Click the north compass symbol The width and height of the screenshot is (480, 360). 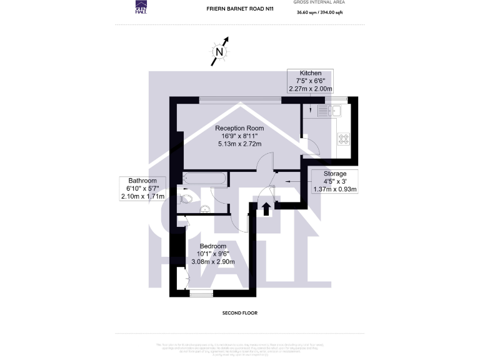219,52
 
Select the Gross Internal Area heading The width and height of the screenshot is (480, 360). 318,2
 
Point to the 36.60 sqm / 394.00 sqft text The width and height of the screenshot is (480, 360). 318,11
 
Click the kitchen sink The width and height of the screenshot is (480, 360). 329,111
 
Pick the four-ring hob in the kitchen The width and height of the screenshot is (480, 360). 344,139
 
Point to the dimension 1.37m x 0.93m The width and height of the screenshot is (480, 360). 335,189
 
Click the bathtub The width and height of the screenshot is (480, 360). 203,178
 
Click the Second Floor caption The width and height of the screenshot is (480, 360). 240,312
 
